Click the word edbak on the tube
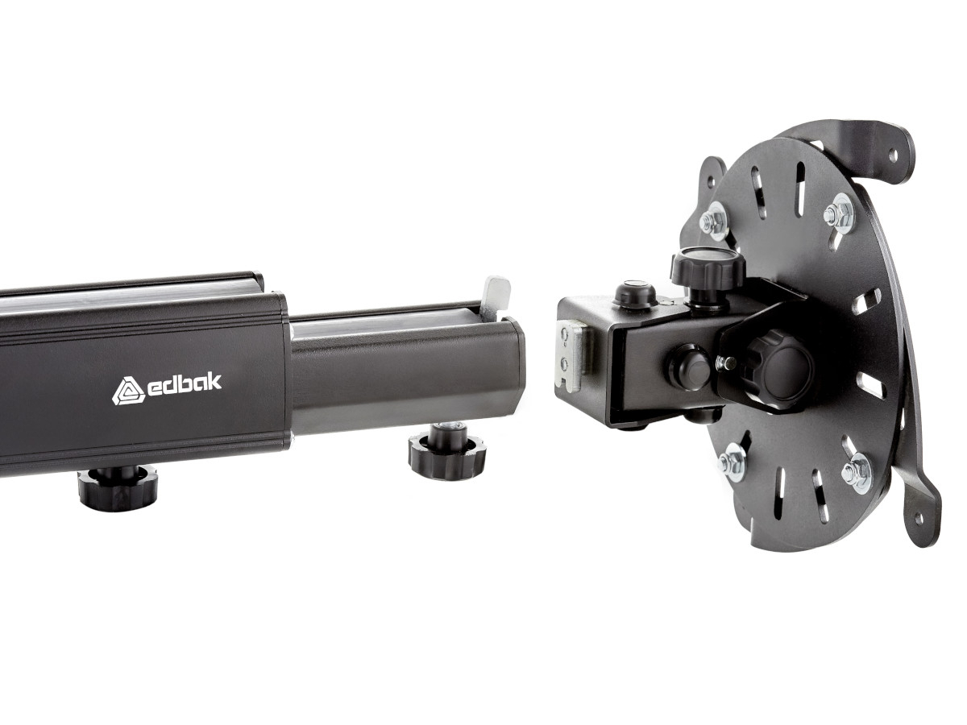[x=184, y=386]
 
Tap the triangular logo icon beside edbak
[x=127, y=391]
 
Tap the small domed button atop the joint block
[x=633, y=293]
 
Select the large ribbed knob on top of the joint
[x=708, y=269]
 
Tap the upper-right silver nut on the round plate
[x=841, y=213]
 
